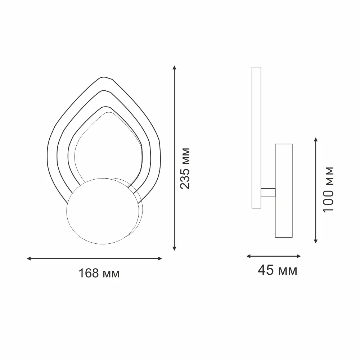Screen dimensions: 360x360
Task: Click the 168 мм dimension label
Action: (99, 273)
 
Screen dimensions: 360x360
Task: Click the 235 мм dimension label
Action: (185, 168)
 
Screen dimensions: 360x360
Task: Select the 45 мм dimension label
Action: (277, 270)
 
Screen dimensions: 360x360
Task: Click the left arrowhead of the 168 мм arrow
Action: (29, 258)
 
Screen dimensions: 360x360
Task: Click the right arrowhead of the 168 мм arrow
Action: (160, 258)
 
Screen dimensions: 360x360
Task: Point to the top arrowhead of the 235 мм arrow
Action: (175, 68)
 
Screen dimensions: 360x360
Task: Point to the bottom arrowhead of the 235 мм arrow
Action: (175, 248)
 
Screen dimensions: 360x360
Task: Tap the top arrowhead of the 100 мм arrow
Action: (316, 140)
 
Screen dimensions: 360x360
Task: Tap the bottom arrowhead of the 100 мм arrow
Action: (316, 241)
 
